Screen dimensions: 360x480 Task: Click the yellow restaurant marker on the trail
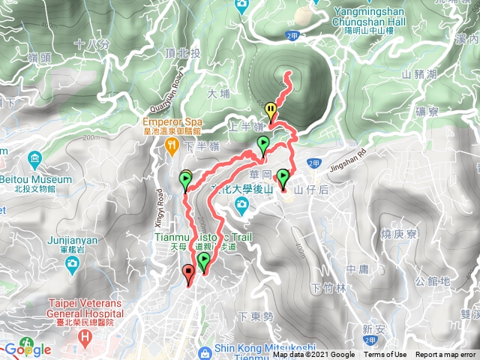tap(271, 110)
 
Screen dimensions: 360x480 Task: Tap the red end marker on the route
tap(187, 273)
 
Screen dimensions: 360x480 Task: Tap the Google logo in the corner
tap(27, 349)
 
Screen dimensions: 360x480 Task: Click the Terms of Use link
tap(385, 355)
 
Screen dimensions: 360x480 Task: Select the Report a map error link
tap(445, 355)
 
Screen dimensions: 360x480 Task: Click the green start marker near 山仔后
tap(283, 178)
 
